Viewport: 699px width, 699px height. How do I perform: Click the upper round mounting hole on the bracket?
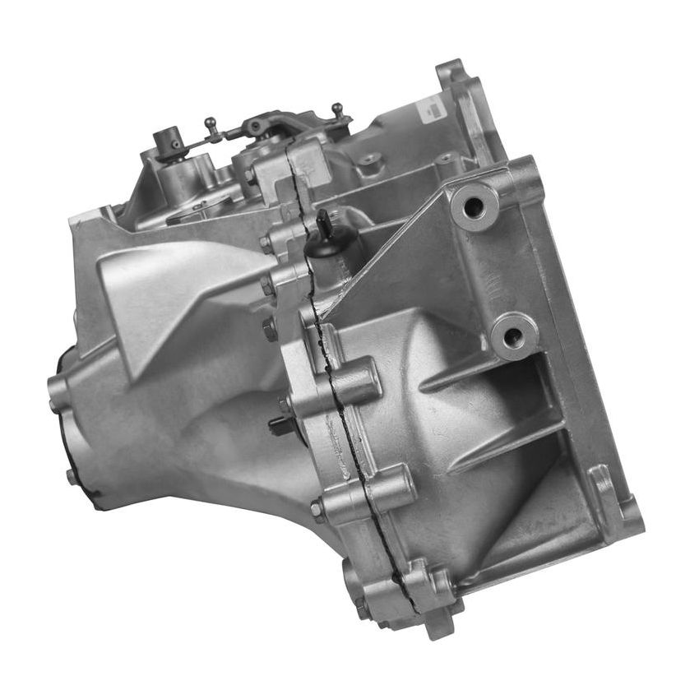tap(474, 206)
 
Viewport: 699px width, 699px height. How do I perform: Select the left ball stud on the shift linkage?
tap(211, 124)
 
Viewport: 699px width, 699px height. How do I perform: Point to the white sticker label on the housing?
tap(432, 106)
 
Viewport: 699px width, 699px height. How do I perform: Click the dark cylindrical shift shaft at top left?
tap(171, 141)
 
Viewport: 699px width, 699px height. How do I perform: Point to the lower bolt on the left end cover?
tap(72, 475)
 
